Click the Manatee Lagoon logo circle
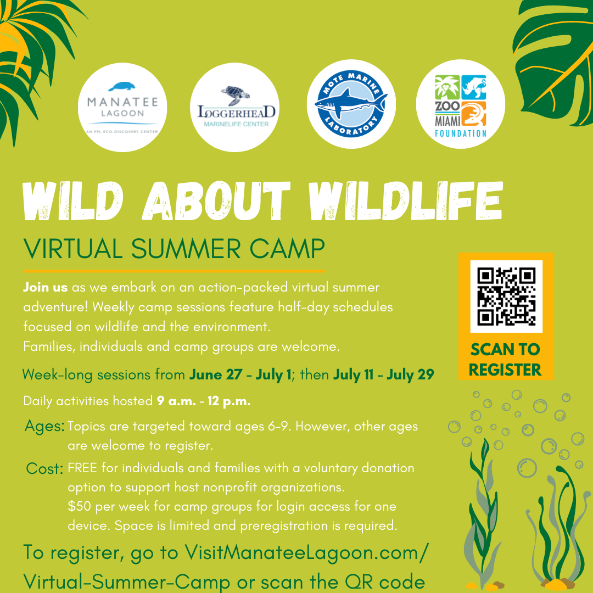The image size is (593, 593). tap(122, 107)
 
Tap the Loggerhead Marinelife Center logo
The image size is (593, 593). tap(234, 107)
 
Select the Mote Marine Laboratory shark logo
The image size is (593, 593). tap(351, 104)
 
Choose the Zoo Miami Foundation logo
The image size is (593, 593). tap(461, 104)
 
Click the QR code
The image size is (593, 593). tap(506, 296)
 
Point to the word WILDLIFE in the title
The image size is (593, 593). tap(406, 201)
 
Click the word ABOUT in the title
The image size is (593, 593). tap(216, 201)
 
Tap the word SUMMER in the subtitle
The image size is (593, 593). tap(186, 249)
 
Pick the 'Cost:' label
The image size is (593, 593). tap(44, 468)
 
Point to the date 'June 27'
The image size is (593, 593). tap(216, 374)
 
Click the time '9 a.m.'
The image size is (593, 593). tap(177, 401)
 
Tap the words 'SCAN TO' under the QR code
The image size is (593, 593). tap(505, 349)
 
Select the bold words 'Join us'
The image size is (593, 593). tap(46, 287)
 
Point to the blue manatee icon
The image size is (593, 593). tap(122, 87)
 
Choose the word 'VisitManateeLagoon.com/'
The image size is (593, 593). tap(307, 552)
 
